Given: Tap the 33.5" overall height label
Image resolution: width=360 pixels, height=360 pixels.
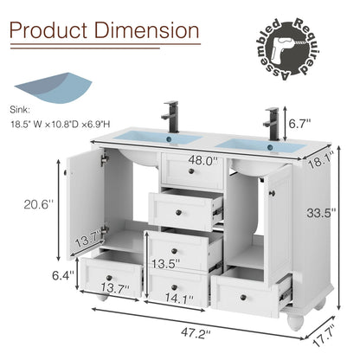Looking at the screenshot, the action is click(x=321, y=213).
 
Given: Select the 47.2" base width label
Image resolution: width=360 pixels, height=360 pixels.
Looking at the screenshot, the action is click(x=196, y=333).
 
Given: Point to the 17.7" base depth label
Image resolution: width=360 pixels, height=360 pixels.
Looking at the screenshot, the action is click(x=324, y=336).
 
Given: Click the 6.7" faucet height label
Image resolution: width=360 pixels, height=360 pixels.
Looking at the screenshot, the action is click(x=299, y=124).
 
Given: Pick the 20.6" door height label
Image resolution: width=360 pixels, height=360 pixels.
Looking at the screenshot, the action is click(x=39, y=205).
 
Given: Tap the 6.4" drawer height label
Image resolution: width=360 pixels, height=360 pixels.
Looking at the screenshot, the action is click(x=63, y=275).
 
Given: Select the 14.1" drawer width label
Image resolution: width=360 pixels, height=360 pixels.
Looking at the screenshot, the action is click(x=179, y=299).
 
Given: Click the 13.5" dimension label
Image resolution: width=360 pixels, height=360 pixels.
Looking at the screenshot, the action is click(x=166, y=263).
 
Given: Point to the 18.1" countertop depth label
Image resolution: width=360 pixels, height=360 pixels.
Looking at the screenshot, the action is click(x=321, y=162).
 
